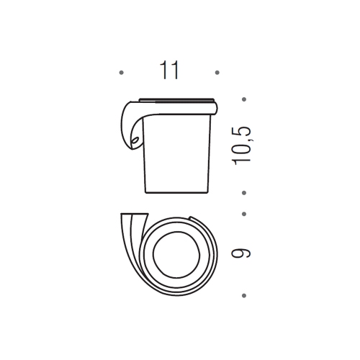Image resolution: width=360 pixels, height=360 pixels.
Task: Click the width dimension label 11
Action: pyautogui.click(x=169, y=71)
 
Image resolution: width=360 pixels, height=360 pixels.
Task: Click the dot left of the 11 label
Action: pyautogui.click(x=122, y=73)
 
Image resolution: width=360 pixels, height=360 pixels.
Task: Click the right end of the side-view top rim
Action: pyautogui.click(x=217, y=106)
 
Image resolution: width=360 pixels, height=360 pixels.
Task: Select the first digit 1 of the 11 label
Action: pyautogui.click(x=164, y=71)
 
